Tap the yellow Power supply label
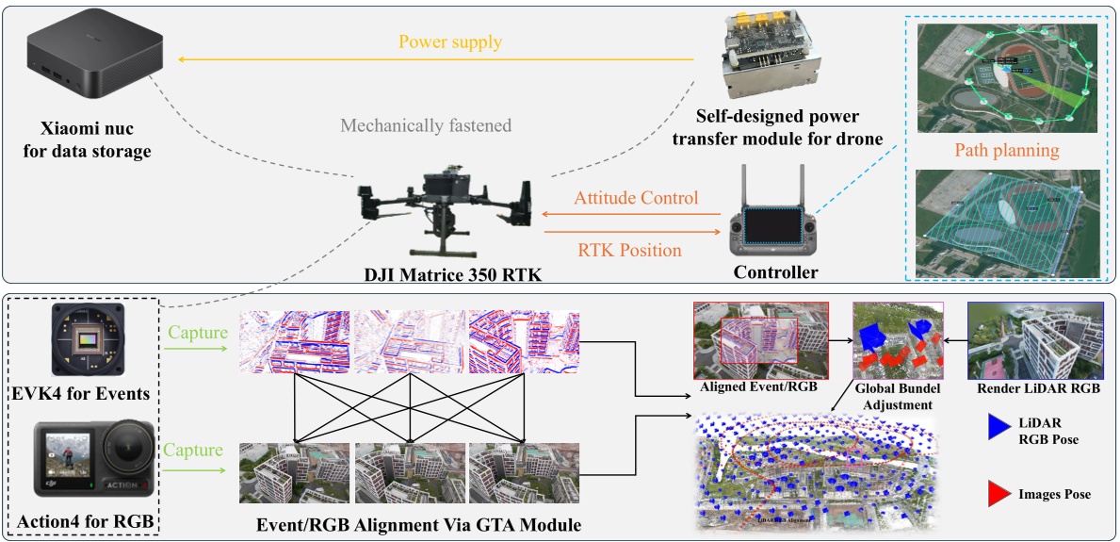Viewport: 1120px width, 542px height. (449, 42)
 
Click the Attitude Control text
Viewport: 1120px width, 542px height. (636, 198)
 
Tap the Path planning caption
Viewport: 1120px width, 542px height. (1006, 151)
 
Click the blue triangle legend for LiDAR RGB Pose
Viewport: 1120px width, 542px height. (998, 426)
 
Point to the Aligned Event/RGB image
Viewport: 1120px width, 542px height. (759, 341)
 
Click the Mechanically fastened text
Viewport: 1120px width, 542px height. (426, 125)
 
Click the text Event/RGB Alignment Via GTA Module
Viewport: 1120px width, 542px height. (418, 524)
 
